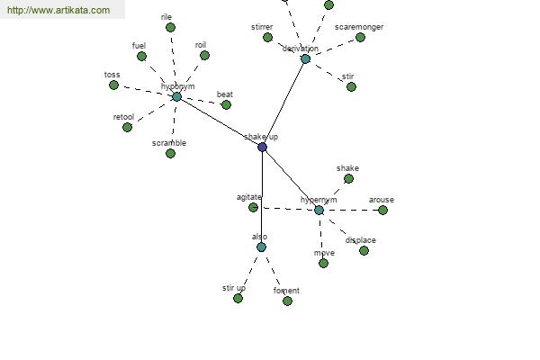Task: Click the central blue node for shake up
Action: pos(262,147)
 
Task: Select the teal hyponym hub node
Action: pos(176,96)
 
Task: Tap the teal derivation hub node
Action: pos(305,58)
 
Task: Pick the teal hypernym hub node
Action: pos(319,210)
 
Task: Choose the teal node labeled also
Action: pos(261,247)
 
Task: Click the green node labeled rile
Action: pos(170,27)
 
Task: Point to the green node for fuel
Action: pos(141,56)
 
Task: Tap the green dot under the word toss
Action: pos(113,85)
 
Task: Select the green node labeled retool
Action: pos(127,127)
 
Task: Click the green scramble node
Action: pos(170,153)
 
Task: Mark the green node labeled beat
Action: pos(226,104)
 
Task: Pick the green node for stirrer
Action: pos(267,37)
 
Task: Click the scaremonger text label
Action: pos(358,27)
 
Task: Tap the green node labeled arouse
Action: pos(382,210)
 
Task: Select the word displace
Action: pos(360,240)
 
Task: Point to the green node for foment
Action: pos(287,301)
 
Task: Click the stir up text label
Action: pos(234,288)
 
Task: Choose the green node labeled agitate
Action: pos(253,207)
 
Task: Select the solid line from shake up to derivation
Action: pos(283,103)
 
